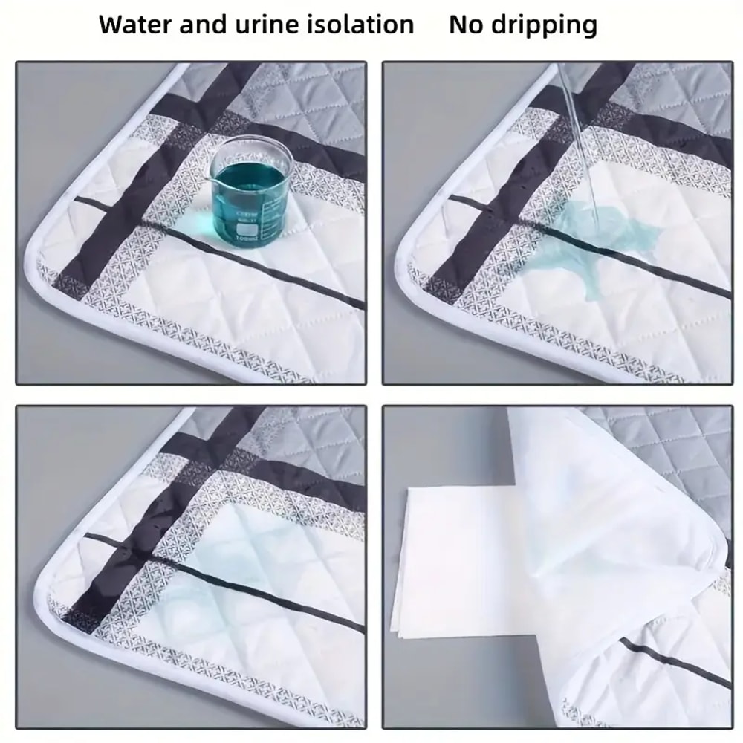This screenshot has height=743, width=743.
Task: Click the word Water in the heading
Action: click(132, 25)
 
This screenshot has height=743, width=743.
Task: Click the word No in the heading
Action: click(465, 25)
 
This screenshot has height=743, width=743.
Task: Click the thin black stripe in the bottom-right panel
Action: click(669, 665)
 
